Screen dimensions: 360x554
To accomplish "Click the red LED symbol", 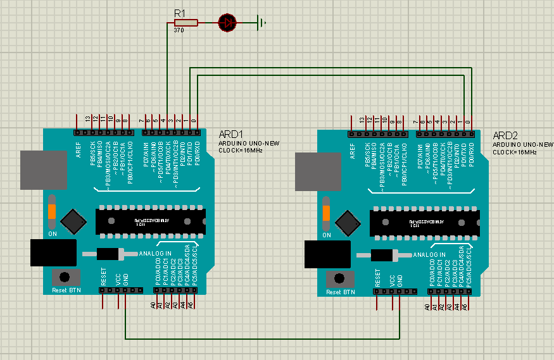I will (x=227, y=23).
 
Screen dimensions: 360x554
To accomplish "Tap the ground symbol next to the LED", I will (x=261, y=23).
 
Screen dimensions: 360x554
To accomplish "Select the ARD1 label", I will (x=230, y=134).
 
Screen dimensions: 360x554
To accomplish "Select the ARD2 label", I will (x=505, y=136).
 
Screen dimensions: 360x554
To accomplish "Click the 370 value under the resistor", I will (x=179, y=30).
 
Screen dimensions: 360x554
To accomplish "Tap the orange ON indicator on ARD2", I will (x=326, y=213).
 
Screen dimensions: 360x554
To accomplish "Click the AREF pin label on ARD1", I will (x=79, y=150).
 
